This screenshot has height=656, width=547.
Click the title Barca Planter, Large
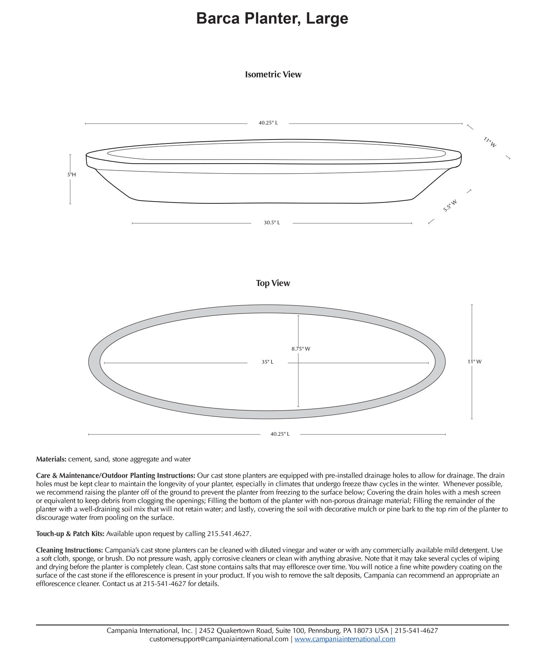[272, 18]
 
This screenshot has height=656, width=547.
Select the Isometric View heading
[273, 74]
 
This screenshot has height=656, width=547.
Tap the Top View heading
[273, 283]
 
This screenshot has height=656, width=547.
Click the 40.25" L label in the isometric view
[268, 123]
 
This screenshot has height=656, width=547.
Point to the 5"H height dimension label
[71, 174]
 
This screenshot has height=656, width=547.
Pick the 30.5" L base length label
[272, 223]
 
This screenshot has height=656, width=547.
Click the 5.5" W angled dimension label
[450, 206]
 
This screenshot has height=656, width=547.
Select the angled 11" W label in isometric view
[490, 142]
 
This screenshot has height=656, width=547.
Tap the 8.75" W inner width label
[301, 349]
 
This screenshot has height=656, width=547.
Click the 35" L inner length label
[267, 362]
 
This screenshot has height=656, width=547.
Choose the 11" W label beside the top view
[474, 362]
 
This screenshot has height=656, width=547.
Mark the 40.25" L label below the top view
[280, 434]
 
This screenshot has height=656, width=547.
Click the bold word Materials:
[51, 459]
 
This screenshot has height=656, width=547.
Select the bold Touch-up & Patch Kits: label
[70, 534]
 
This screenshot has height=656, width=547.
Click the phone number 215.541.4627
[228, 534]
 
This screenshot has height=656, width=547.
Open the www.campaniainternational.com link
[345, 639]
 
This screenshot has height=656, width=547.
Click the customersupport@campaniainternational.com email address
[219, 639]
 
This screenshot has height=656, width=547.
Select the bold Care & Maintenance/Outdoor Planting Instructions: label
[116, 475]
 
